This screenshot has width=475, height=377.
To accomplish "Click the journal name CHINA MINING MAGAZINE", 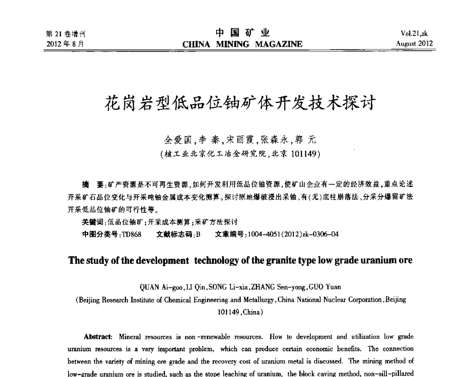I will tap(242, 44).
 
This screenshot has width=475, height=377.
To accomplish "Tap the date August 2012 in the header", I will tap(414, 44).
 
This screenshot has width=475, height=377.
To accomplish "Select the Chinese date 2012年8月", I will tap(65, 44).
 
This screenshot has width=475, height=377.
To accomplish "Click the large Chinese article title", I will tap(239, 104).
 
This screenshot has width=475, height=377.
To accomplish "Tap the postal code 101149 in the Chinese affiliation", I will tap(304, 154).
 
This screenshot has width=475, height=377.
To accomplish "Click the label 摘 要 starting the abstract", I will tap(91, 184).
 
